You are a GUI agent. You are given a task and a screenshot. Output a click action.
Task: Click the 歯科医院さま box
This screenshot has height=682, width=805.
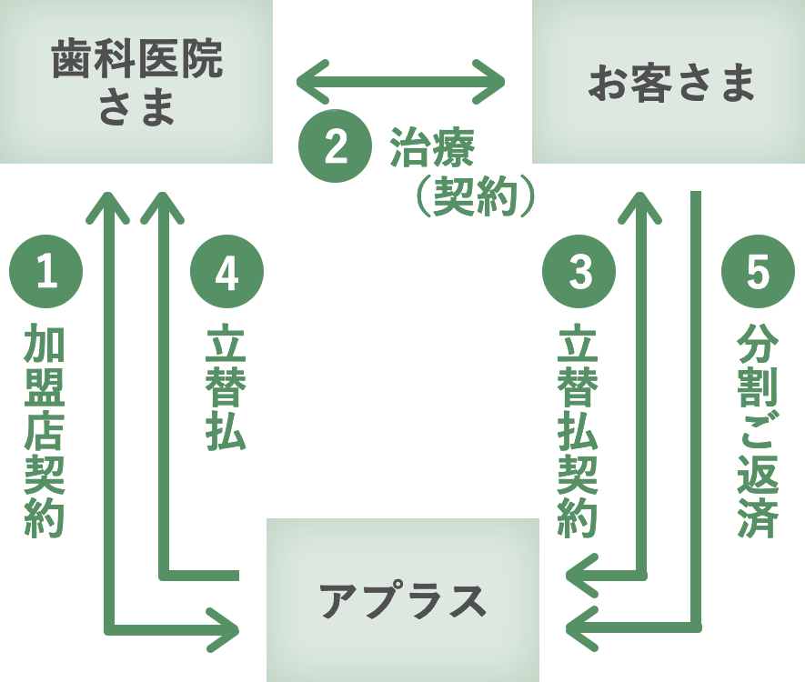[136, 82]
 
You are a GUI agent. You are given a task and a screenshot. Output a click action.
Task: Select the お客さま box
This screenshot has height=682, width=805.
[669, 82]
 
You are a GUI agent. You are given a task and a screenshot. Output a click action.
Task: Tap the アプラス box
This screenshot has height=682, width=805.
[402, 600]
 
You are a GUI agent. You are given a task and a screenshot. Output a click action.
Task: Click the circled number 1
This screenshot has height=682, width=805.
[45, 273]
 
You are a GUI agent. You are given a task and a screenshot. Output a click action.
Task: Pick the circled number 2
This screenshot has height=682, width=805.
[336, 147]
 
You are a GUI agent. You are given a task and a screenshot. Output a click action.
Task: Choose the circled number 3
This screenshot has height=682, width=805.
[579, 273]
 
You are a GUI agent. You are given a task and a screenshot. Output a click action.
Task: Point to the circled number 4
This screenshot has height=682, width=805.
[226, 273]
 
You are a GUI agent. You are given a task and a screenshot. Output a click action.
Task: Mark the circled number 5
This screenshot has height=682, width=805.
[758, 273]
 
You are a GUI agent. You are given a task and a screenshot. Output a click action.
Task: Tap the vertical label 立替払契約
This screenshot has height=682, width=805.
[579, 432]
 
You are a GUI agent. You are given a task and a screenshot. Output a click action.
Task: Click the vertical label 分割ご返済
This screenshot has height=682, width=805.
[757, 432]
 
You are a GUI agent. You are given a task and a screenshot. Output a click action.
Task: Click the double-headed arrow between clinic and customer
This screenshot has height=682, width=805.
[401, 83]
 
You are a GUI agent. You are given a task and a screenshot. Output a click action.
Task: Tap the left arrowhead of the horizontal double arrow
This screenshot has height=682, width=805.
[309, 83]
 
